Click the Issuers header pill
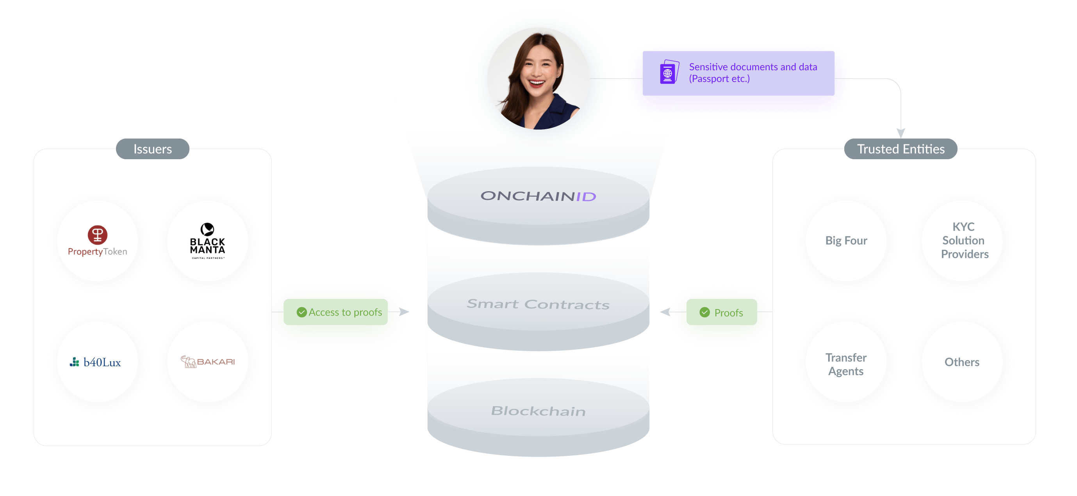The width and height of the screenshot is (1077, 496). (153, 149)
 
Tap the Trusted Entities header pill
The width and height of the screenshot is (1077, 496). (900, 149)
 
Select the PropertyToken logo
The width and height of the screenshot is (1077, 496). (97, 241)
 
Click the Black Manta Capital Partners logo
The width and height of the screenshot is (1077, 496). (207, 241)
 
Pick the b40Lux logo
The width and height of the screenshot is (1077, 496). (95, 362)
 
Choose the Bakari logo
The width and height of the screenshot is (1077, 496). (207, 361)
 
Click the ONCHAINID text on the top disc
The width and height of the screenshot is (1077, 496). (538, 196)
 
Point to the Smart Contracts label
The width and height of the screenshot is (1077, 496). (538, 304)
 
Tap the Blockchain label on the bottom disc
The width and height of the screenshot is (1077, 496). (538, 411)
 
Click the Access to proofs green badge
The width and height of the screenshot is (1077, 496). (335, 312)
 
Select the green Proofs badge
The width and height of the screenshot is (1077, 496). (722, 312)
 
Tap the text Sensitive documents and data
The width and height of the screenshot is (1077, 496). (753, 67)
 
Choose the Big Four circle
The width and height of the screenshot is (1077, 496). (846, 241)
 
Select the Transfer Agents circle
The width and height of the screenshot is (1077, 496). (846, 362)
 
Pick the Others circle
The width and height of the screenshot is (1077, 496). (963, 362)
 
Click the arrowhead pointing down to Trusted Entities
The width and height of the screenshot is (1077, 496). (900, 133)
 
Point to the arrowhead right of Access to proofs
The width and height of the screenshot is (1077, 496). (404, 312)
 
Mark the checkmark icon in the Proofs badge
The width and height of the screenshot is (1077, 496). (704, 312)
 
